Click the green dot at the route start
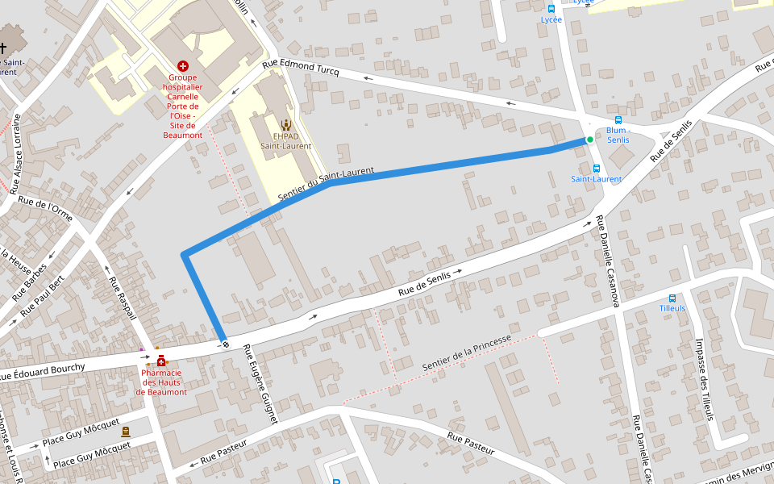[590, 140]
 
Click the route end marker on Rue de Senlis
[226, 344]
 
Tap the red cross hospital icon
[183, 65]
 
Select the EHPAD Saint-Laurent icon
[285, 124]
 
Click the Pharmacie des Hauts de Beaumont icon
[161, 361]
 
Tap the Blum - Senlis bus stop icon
[618, 119]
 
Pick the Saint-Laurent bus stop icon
[597, 169]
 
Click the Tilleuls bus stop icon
[672, 298]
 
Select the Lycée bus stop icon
[551, 9]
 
